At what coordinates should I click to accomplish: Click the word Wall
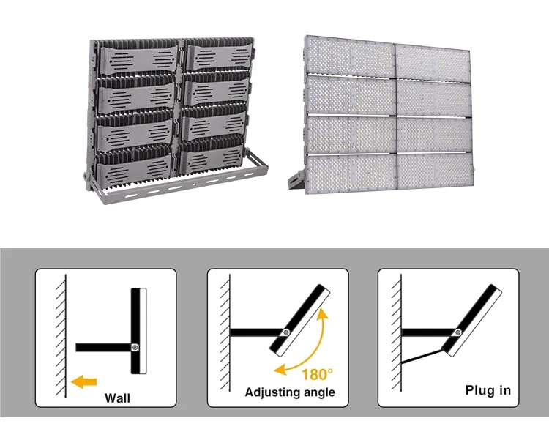117,398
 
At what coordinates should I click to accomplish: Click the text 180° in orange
317,375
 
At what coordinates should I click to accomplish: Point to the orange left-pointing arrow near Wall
83,381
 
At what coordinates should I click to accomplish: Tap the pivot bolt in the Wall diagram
135,347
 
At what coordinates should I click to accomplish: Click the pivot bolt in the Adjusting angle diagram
286,332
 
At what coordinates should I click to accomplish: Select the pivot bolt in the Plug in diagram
457,332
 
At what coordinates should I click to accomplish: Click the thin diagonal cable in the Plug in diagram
422,357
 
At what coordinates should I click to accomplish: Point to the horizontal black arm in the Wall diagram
104,347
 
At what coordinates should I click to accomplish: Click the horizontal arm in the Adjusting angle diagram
256,332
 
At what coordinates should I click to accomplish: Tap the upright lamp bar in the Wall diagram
138,331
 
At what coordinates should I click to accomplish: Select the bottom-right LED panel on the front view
436,172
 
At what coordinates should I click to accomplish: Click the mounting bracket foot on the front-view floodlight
296,181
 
